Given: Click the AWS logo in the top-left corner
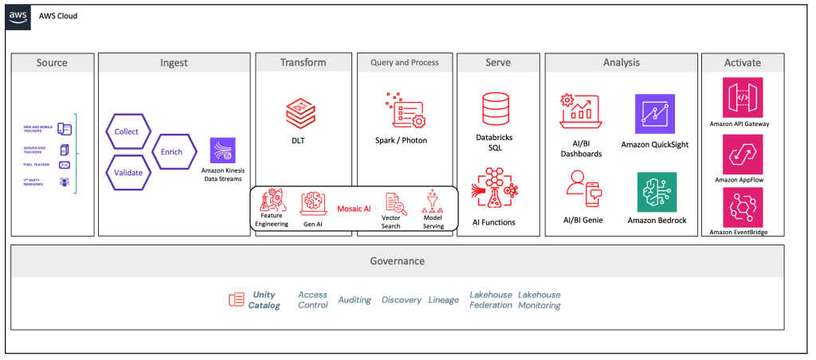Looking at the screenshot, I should pyautogui.click(x=18, y=17).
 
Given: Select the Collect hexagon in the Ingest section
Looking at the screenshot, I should pyautogui.click(x=126, y=131).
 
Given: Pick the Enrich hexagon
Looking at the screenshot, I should pyautogui.click(x=171, y=151).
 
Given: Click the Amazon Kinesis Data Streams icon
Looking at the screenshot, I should pyautogui.click(x=222, y=151).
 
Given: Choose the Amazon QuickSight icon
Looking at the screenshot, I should pyautogui.click(x=656, y=114).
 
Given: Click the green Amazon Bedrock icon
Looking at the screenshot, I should pyautogui.click(x=656, y=192).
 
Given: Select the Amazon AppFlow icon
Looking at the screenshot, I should pyautogui.click(x=742, y=153).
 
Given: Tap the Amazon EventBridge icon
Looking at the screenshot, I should pyautogui.click(x=742, y=208).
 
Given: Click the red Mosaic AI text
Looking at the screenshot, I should pyautogui.click(x=354, y=208).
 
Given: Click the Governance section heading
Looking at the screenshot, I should pyautogui.click(x=397, y=261).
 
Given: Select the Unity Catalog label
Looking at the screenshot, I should pyautogui.click(x=264, y=300).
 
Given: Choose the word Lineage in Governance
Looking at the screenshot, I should pyautogui.click(x=444, y=300).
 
